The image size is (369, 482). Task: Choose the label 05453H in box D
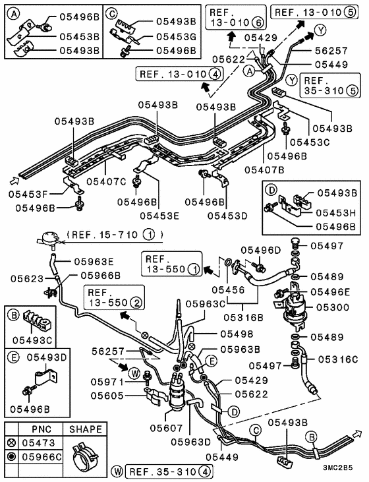[338, 212]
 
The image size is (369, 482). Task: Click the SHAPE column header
[86, 429]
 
